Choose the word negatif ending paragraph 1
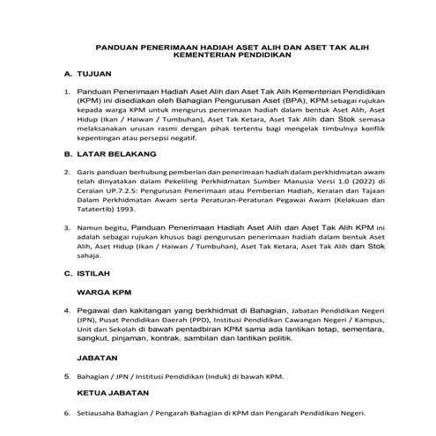point(182,137)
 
